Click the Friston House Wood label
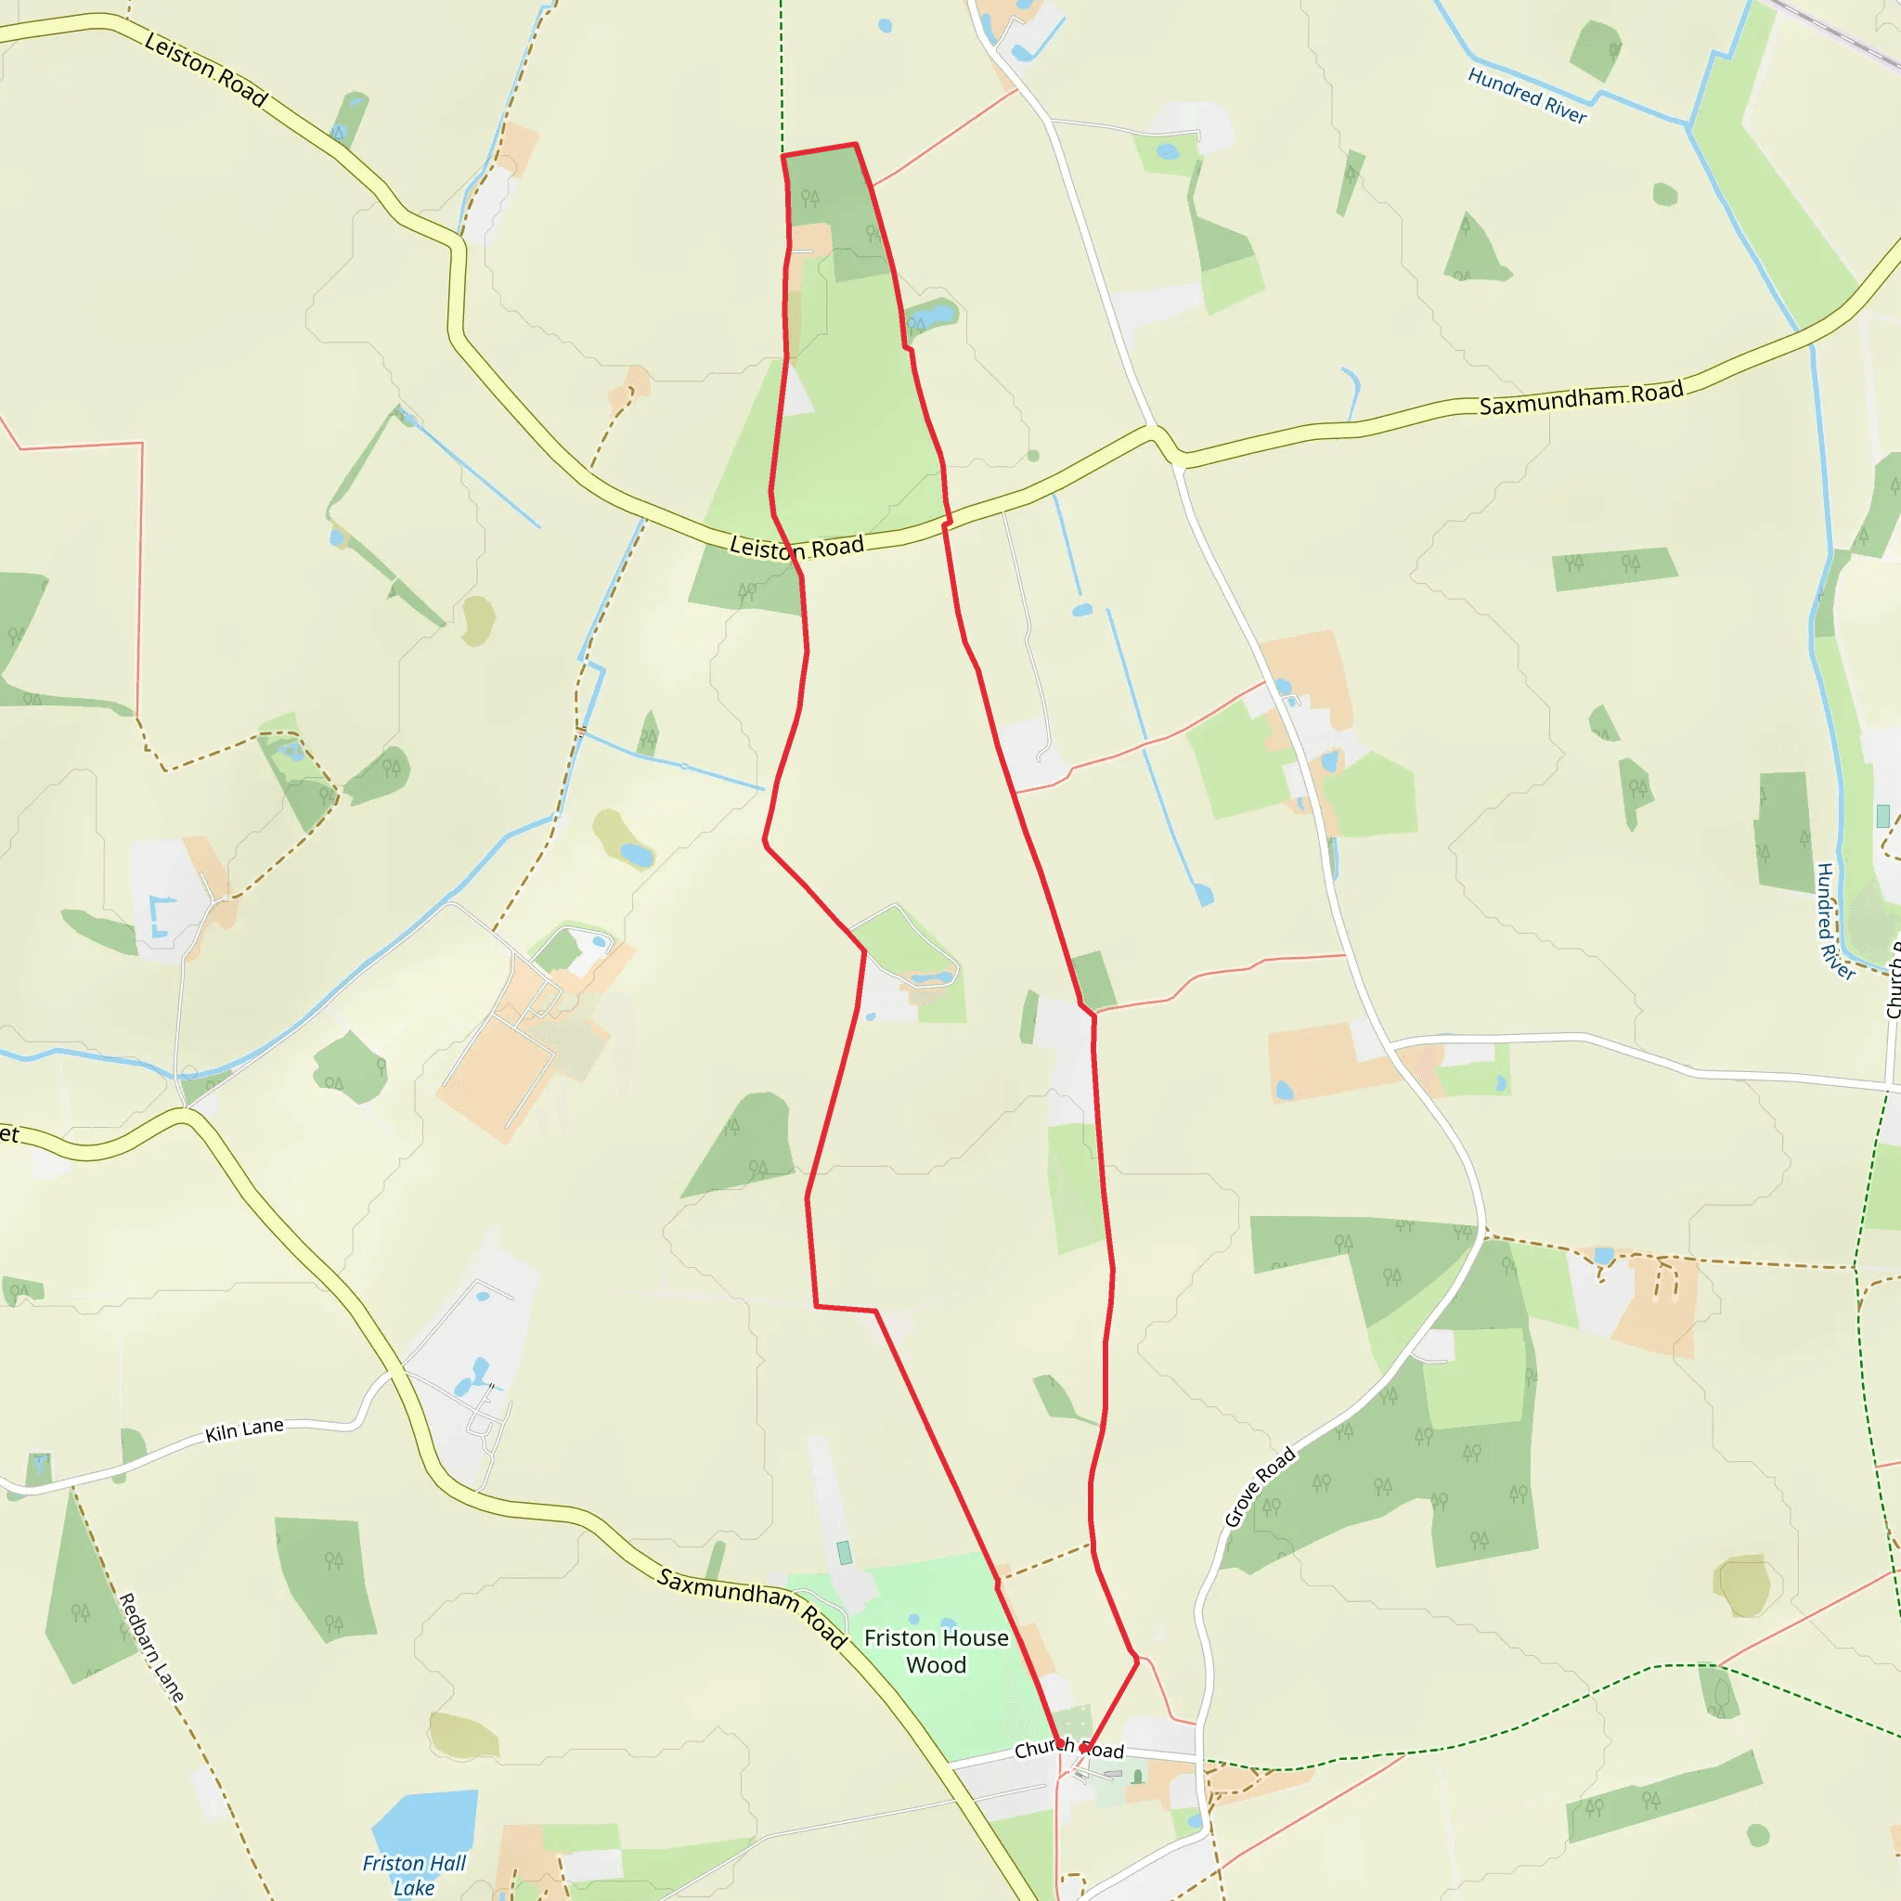tap(936, 1651)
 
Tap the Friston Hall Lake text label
tap(413, 1874)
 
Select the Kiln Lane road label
tap(244, 1429)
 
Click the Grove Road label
tap(1260, 1487)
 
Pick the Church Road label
tap(1068, 1750)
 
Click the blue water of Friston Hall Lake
tap(428, 1821)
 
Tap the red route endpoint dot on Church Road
tap(1084, 1749)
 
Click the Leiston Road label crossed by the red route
tap(796, 548)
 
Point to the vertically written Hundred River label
tap(1834, 921)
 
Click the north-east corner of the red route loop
tap(855, 145)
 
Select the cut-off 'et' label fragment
tap(9, 1134)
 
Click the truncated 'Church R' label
tap(1892, 980)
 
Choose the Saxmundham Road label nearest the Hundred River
tap(1580, 397)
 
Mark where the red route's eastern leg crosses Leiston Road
tap(947, 524)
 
